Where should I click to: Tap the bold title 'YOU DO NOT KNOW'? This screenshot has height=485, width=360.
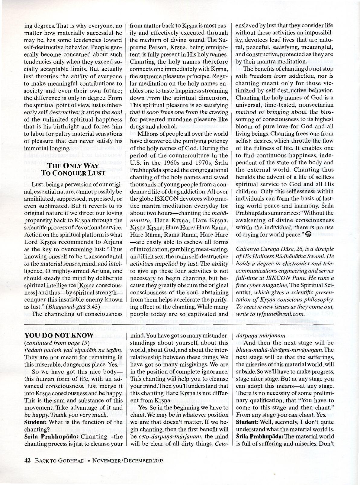tap(59, 335)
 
